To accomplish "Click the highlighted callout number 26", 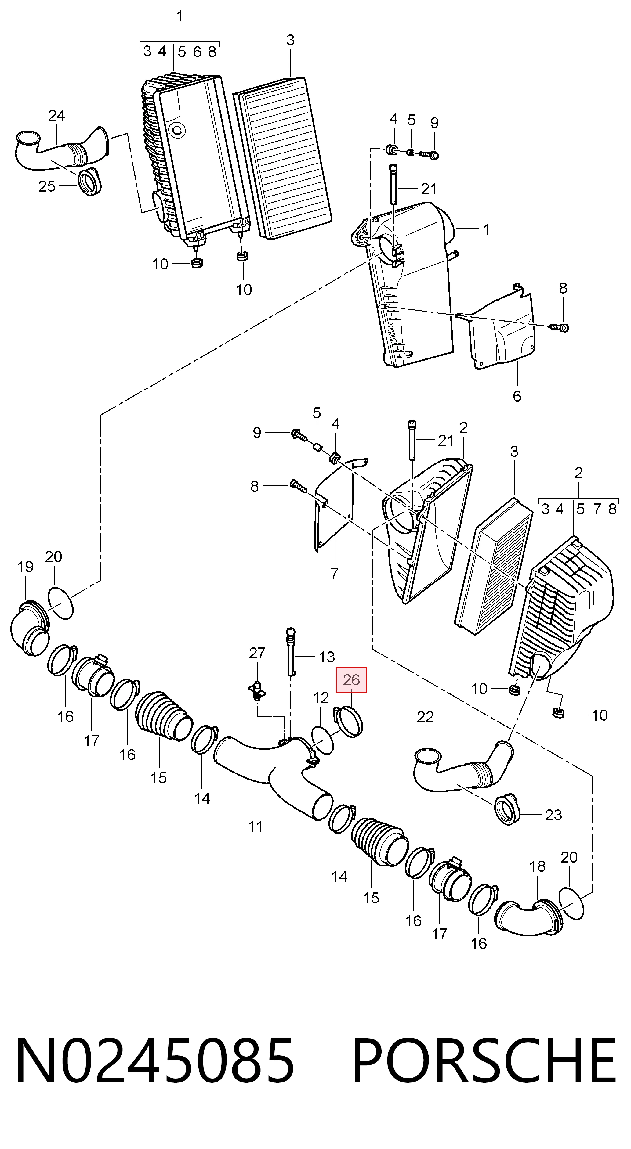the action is coord(351,680).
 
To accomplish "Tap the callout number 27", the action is coord(257,653).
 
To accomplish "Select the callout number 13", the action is coord(327,657).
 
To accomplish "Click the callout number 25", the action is coord(47,186).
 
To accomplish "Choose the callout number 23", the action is coord(553,815).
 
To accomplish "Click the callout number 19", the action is coord(25,567).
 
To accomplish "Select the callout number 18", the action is coord(537,866).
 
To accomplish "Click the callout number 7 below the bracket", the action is coord(335,574).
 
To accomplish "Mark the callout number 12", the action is coord(321,697).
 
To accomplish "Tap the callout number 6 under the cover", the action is coord(517,396).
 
